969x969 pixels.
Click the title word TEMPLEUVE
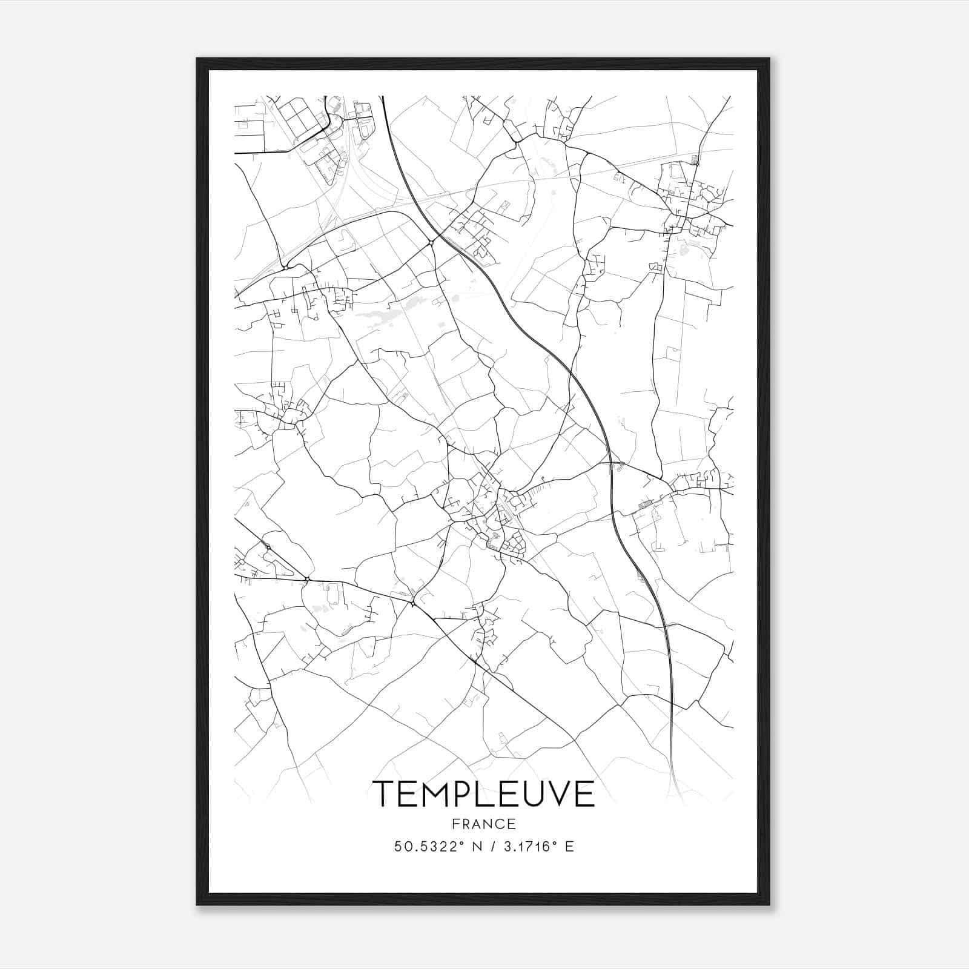tap(483, 793)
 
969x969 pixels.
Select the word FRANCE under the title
tap(483, 824)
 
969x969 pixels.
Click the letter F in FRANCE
tap(455, 824)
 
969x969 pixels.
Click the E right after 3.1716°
tap(569, 847)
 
